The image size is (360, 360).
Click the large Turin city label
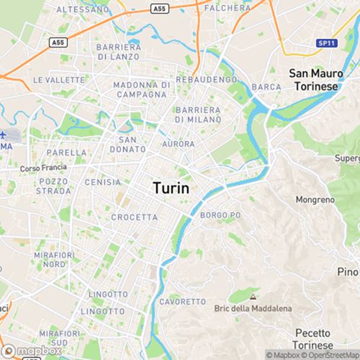(171, 188)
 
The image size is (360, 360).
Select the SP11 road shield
(327, 44)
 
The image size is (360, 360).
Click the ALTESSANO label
(80, 9)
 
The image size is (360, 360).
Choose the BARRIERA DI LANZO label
(119, 51)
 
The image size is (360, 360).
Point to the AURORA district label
(178, 144)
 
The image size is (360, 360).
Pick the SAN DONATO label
(127, 144)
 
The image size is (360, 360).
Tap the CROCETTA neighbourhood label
(134, 217)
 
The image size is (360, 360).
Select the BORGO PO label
(220, 215)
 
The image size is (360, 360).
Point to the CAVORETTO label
(178, 301)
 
